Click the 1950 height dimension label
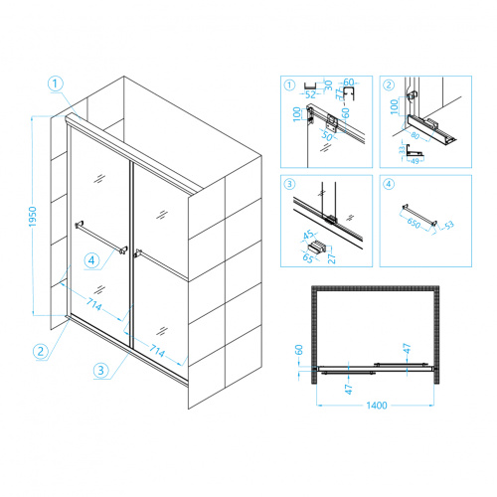[33, 217]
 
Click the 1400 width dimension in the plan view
[377, 406]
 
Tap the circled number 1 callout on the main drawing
[56, 83]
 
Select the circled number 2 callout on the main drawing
[41, 351]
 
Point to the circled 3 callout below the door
[101, 370]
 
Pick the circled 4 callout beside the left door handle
[91, 260]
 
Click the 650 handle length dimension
[414, 223]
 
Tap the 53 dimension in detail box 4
[449, 226]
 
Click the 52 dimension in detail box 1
[310, 94]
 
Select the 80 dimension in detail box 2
[415, 135]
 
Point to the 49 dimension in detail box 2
[414, 161]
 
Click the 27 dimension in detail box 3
[331, 258]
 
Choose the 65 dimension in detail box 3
[308, 257]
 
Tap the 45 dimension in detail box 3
[308, 235]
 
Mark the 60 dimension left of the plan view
[299, 350]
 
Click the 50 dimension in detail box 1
[327, 136]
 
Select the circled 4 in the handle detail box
[389, 184]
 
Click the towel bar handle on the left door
[101, 238]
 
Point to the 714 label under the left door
[93, 304]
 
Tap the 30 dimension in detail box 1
[328, 85]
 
